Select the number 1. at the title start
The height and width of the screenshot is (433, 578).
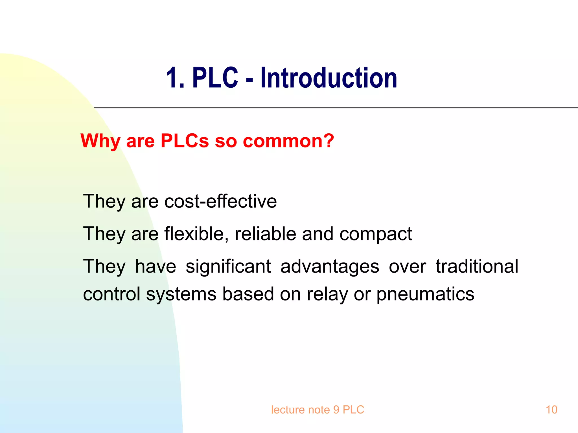point(175,78)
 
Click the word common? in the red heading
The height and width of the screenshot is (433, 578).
point(288,141)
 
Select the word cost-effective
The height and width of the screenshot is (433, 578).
point(220,201)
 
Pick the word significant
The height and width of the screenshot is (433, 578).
point(228,266)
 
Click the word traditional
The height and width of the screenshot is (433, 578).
point(477,266)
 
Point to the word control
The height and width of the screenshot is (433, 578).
point(111,294)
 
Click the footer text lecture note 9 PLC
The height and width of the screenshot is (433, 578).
point(318,410)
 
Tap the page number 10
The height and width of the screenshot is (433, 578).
point(551,410)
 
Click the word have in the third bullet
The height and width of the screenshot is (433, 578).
point(156,266)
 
